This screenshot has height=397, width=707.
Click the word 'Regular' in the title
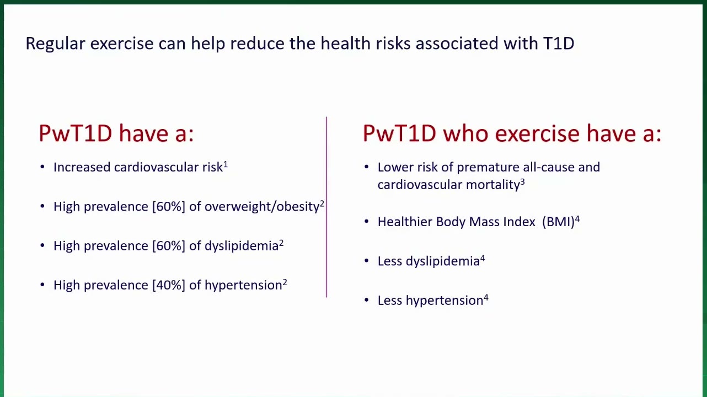(55, 44)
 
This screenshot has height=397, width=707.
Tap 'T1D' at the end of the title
(559, 43)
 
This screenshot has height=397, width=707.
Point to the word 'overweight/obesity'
(262, 207)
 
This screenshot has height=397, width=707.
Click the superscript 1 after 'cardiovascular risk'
(226, 164)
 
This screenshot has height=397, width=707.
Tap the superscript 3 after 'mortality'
(522, 182)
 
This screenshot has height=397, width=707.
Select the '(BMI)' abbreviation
(558, 222)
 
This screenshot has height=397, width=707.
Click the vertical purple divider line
(326, 207)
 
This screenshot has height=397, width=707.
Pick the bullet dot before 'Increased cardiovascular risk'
(42, 167)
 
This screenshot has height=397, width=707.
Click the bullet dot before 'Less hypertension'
(366, 300)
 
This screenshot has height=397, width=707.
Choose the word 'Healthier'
(405, 222)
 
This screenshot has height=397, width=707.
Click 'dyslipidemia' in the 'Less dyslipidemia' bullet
(442, 261)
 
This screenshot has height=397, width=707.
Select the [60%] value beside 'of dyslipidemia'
(169, 246)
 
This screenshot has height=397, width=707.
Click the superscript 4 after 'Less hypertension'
(486, 297)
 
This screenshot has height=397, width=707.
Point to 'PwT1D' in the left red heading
(75, 133)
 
